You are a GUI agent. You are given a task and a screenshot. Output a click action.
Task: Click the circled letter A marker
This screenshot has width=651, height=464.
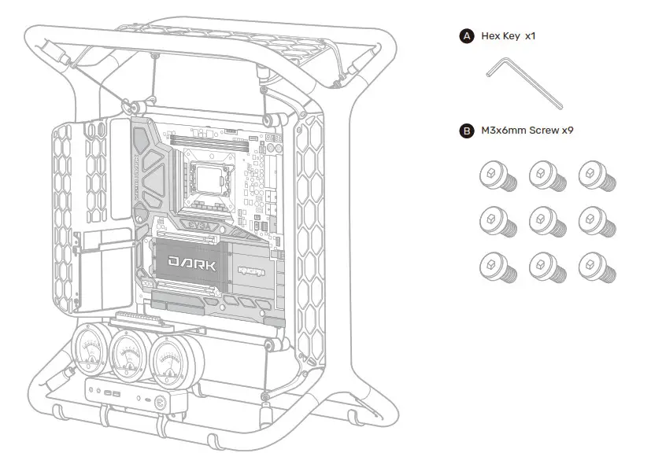[466, 36]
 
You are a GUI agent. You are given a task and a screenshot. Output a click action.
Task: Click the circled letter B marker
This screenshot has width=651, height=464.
[466, 131]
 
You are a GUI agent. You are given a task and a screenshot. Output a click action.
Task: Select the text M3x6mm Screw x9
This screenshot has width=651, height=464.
[527, 131]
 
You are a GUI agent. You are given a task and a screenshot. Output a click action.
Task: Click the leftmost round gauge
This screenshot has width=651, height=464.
[93, 353]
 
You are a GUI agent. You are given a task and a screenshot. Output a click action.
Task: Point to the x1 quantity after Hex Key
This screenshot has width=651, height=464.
[530, 36]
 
